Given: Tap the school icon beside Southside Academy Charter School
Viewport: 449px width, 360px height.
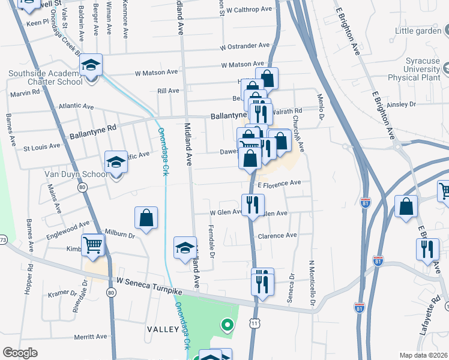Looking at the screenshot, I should [91, 65].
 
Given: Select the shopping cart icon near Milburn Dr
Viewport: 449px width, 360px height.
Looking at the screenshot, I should [93, 244].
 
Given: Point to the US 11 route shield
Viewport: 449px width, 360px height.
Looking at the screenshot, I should [256, 324].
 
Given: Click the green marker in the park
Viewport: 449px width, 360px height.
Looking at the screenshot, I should [227, 326].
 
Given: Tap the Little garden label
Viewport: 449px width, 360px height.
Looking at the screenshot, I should [418, 31].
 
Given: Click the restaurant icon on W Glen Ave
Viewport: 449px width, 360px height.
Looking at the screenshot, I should [253, 206].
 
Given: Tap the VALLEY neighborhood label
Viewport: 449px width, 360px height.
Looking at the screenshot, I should [163, 329].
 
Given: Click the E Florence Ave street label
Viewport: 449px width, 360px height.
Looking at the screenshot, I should [279, 184].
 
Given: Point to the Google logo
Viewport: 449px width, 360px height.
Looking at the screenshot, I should [20, 353].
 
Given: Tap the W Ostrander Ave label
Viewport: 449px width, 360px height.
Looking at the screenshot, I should [245, 46].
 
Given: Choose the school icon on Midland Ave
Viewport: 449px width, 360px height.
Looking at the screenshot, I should [185, 248].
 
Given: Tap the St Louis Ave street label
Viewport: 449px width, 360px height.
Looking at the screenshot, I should [41, 146].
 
